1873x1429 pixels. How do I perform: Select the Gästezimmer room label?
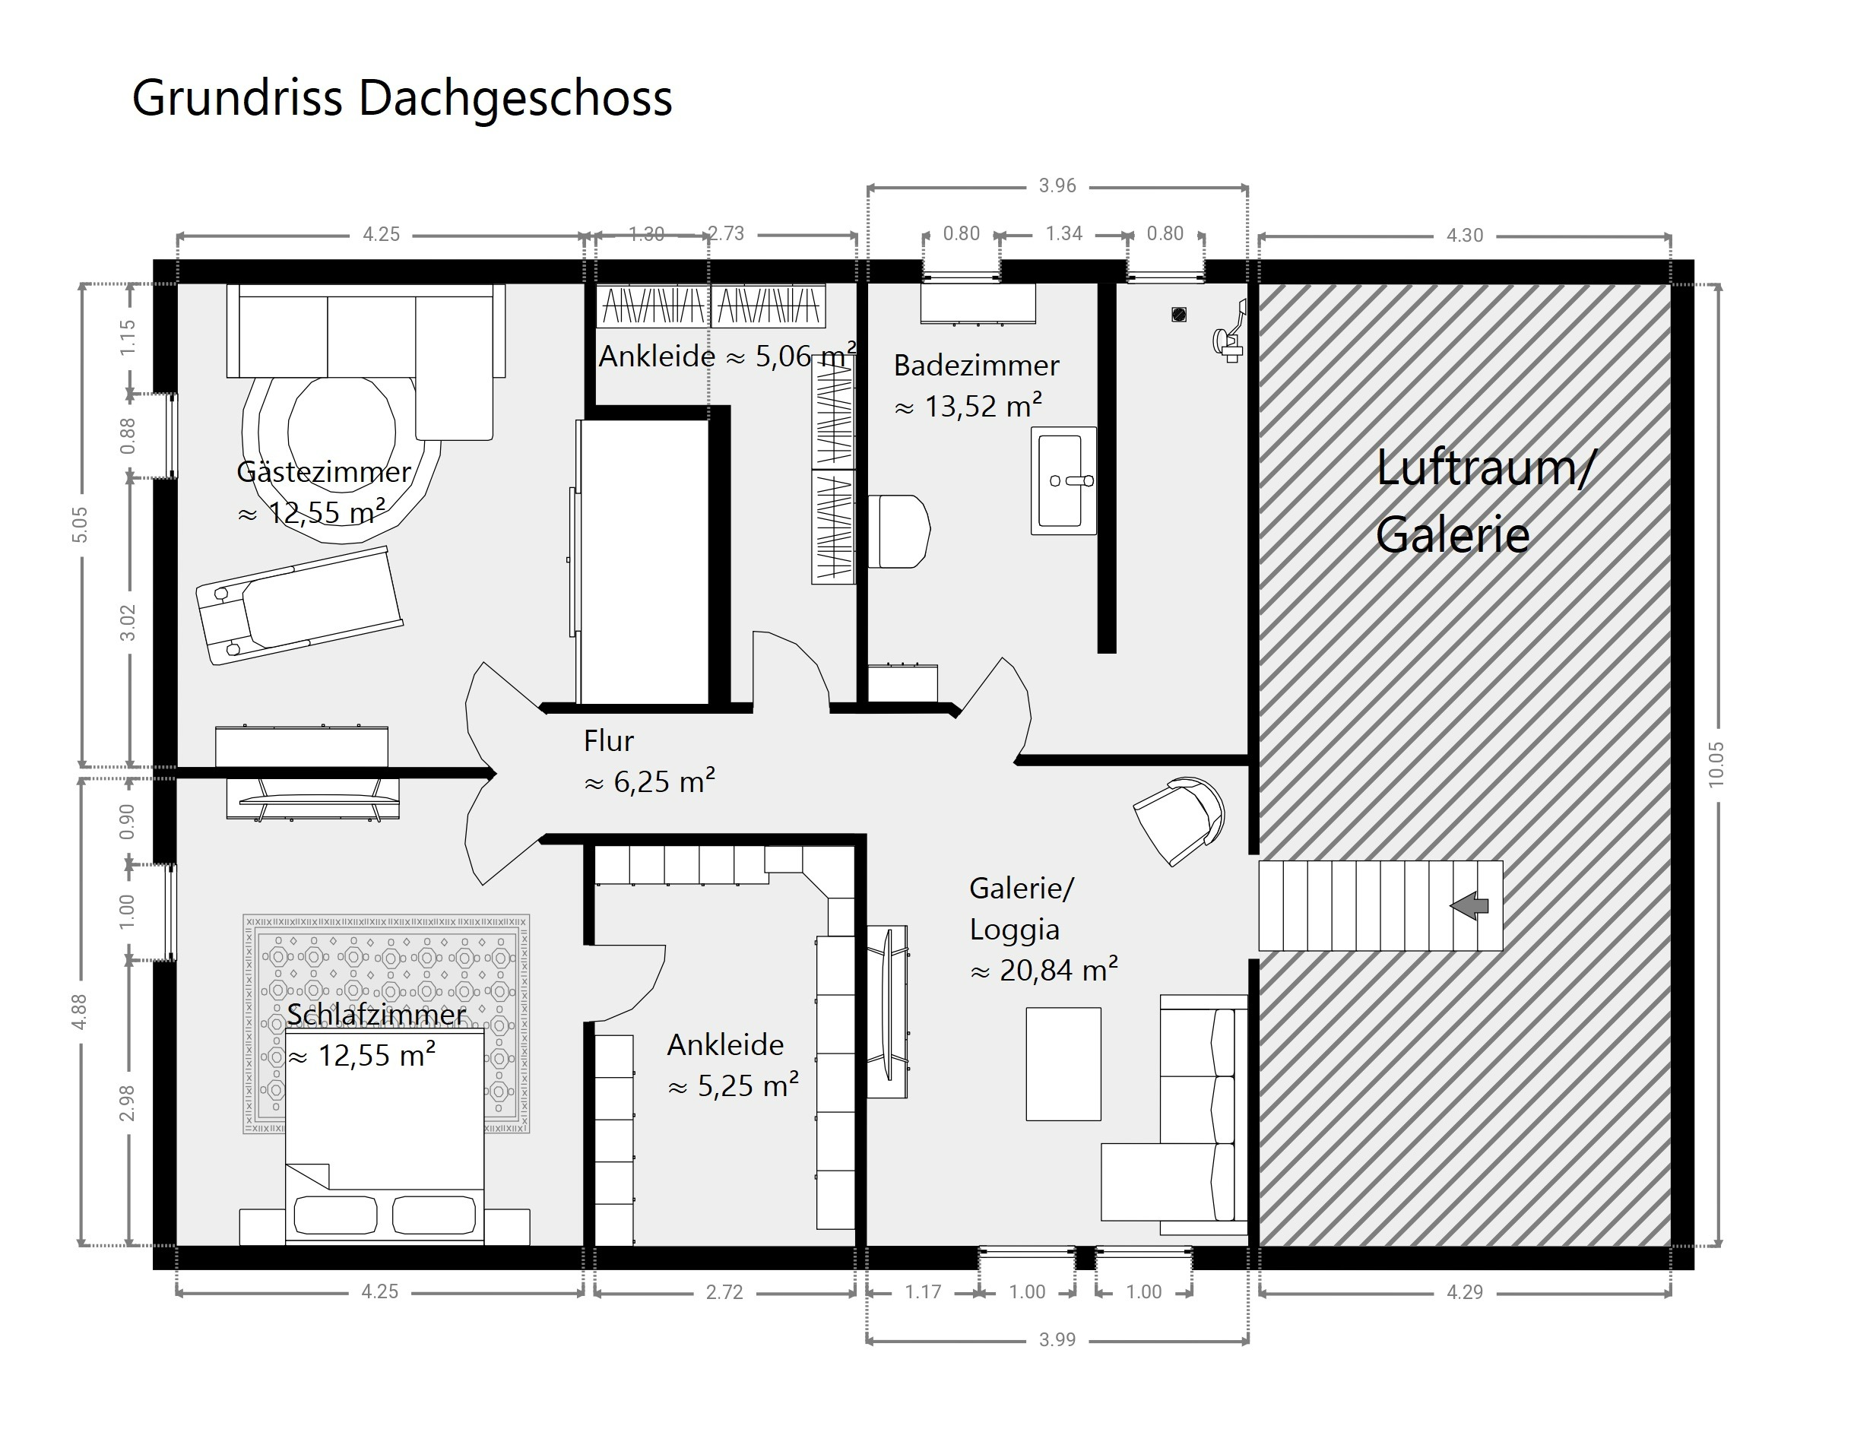click(324, 471)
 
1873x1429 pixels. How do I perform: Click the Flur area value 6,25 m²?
click(649, 781)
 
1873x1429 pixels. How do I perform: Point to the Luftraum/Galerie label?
click(1485, 502)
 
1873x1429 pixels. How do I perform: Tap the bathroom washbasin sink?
click(1063, 480)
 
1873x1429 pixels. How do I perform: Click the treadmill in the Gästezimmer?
click(299, 605)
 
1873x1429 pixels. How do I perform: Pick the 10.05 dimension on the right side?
click(1716, 765)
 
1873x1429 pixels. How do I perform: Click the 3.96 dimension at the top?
click(1057, 186)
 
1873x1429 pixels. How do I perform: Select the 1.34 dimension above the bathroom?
click(1064, 234)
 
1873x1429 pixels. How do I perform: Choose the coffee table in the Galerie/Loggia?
click(1063, 1064)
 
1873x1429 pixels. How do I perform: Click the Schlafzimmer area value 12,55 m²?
click(362, 1056)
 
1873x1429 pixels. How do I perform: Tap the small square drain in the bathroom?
click(1179, 315)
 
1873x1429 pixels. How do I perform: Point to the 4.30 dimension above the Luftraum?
click(1465, 236)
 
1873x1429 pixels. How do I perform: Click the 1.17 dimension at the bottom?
click(923, 1293)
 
